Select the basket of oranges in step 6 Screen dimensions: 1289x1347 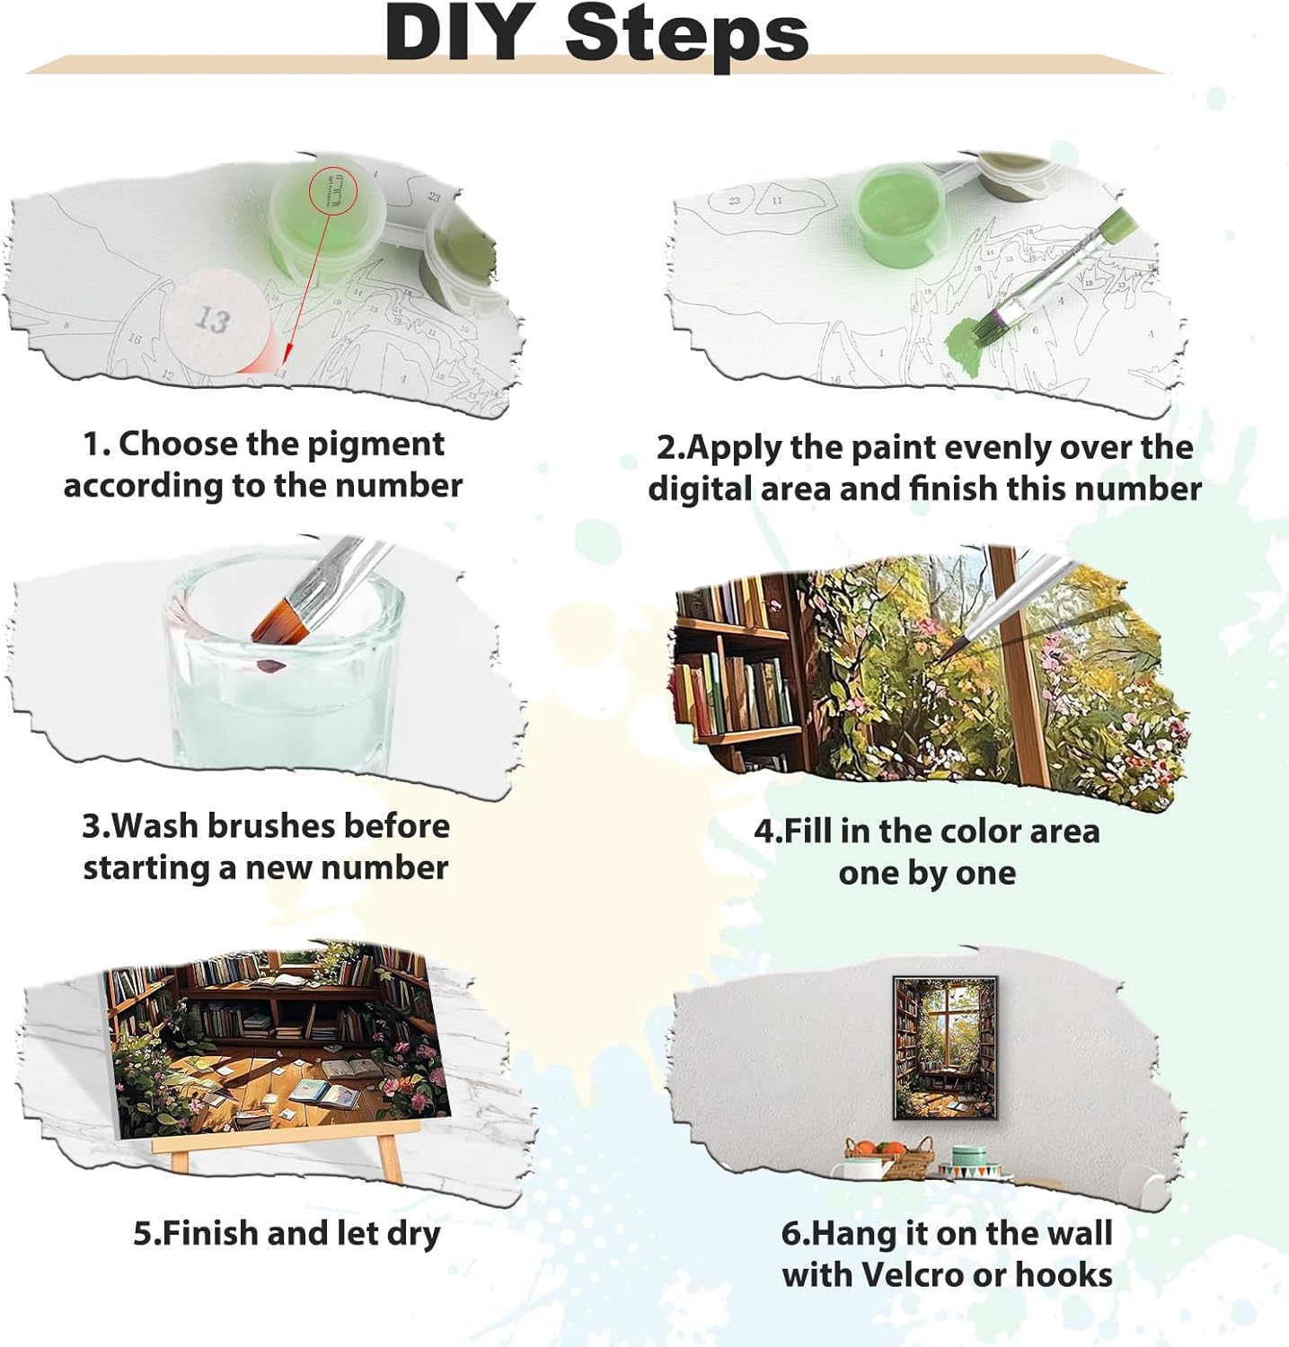(x=888, y=1158)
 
